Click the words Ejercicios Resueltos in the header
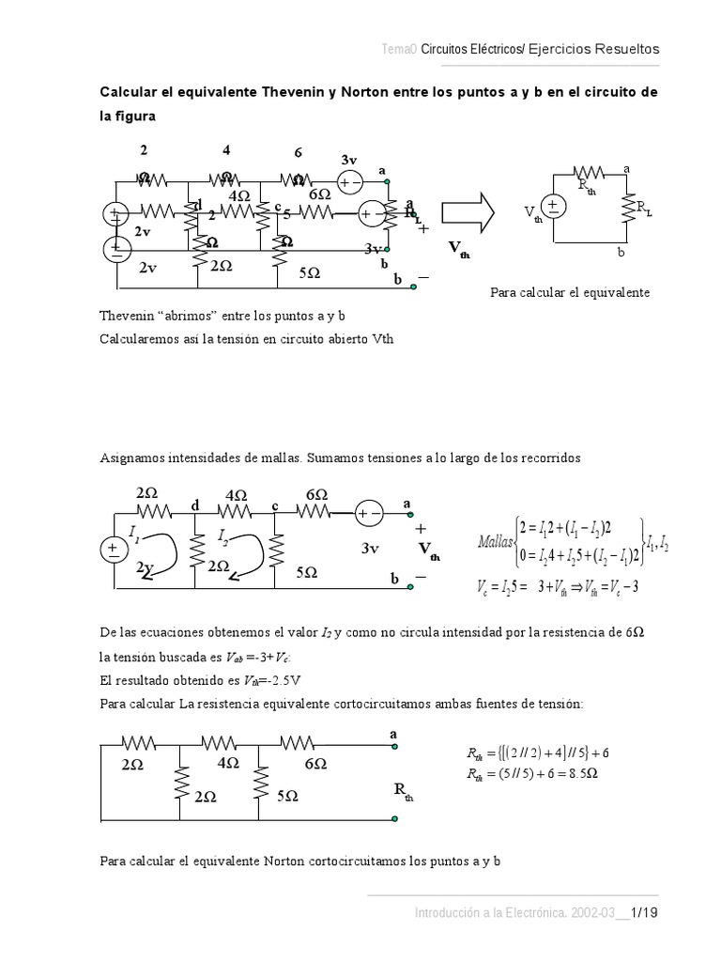602,49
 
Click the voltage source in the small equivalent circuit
554,208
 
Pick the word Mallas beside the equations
496,541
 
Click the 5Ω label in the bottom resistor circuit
287,795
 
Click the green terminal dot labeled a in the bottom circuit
394,748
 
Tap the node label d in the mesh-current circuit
195,505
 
